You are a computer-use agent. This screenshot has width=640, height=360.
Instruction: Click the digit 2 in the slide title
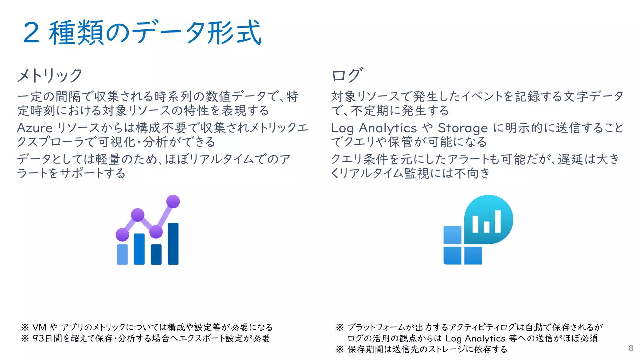pyautogui.click(x=32, y=33)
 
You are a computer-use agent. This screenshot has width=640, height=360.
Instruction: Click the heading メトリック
pyautogui.click(x=49, y=75)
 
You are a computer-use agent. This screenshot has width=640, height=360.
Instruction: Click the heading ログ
pyautogui.click(x=347, y=75)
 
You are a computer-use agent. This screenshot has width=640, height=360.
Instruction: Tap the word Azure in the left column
pyautogui.click(x=35, y=128)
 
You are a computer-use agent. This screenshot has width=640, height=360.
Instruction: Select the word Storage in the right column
pyautogui.click(x=462, y=128)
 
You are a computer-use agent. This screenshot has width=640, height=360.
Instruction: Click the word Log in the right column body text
pyautogui.click(x=342, y=128)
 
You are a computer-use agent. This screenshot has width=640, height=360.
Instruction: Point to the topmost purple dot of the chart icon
pyautogui.click(x=173, y=201)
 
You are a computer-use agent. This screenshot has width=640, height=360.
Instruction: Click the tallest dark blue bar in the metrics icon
pyautogui.click(x=173, y=244)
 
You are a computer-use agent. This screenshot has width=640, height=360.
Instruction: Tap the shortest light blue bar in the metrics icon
pyautogui.click(x=122, y=254)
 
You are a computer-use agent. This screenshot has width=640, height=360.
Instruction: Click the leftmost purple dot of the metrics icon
pyautogui.click(x=122, y=234)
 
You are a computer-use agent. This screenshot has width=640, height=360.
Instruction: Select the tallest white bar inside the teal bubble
pyautogui.click(x=497, y=221)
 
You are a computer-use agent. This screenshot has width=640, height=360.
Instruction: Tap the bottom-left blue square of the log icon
pyautogui.click(x=452, y=255)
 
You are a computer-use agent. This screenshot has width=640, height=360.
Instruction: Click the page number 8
pyautogui.click(x=631, y=348)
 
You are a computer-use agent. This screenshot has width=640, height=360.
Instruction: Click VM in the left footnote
pyautogui.click(x=39, y=327)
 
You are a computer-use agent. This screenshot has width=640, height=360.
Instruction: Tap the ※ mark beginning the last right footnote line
pyautogui.click(x=340, y=349)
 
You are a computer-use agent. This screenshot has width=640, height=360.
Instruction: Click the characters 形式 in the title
pyautogui.click(x=234, y=33)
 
